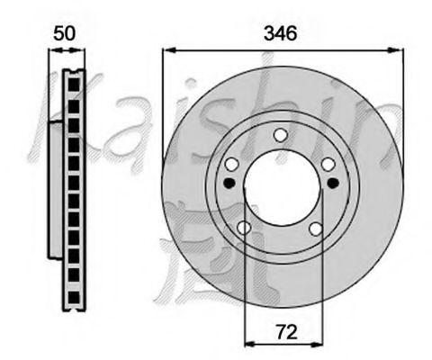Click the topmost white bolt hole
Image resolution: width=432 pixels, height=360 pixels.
point(280,135)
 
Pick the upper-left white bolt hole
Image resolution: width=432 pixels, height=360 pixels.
point(231,164)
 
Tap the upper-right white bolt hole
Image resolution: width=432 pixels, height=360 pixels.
point(328,164)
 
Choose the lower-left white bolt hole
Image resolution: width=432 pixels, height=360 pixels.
point(243,229)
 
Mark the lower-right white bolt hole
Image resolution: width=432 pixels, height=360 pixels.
point(316,229)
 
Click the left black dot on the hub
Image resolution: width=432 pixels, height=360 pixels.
point(228,184)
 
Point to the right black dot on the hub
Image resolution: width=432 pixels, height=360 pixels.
point(333,184)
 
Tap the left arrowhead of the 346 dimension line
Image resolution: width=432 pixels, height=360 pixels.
point(166,52)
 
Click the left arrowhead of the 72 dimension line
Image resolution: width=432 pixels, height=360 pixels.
point(249,342)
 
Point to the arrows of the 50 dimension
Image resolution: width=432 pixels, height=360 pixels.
point(66,52)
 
